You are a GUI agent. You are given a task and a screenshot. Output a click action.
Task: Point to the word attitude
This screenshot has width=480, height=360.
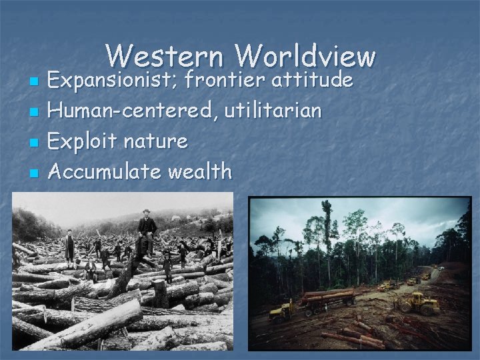coord(311,81)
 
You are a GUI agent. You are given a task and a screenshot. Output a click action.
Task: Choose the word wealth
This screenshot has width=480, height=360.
coord(200,171)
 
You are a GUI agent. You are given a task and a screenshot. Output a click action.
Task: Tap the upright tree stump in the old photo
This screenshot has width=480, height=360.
coord(159,293)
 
